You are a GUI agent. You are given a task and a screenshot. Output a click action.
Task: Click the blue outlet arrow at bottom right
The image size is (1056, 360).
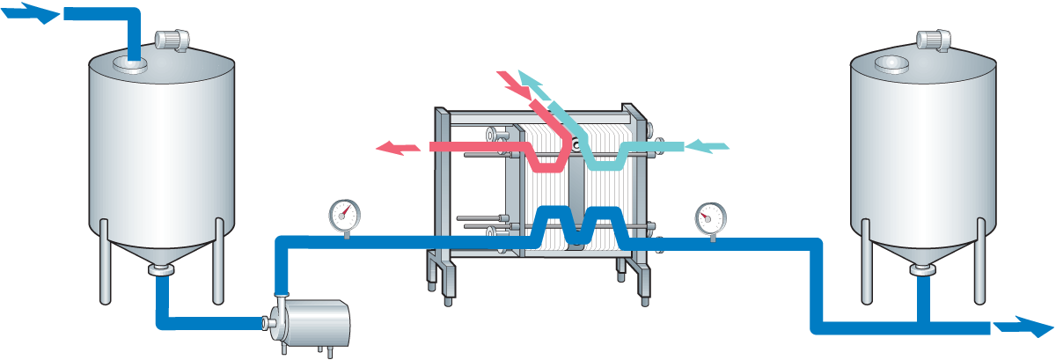(x=1022, y=327)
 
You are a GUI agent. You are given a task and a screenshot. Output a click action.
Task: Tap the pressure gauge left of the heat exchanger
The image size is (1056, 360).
(x=344, y=214)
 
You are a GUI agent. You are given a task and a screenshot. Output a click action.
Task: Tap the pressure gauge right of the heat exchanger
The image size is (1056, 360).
(x=710, y=217)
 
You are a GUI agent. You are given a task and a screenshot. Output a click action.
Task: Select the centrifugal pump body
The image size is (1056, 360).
(x=317, y=323)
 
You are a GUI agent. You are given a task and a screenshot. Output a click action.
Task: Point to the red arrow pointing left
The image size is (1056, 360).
(x=398, y=148)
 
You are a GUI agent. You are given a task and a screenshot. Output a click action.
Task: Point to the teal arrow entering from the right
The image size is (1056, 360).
(x=708, y=145)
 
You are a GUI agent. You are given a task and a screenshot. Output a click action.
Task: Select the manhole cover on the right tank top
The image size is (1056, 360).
(x=891, y=63)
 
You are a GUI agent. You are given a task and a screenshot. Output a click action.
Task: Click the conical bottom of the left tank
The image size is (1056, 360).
(x=162, y=251)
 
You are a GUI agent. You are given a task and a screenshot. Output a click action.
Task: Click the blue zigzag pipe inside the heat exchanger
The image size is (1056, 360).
(x=577, y=225)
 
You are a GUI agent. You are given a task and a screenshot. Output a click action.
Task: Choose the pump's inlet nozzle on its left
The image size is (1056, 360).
(x=268, y=323)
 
